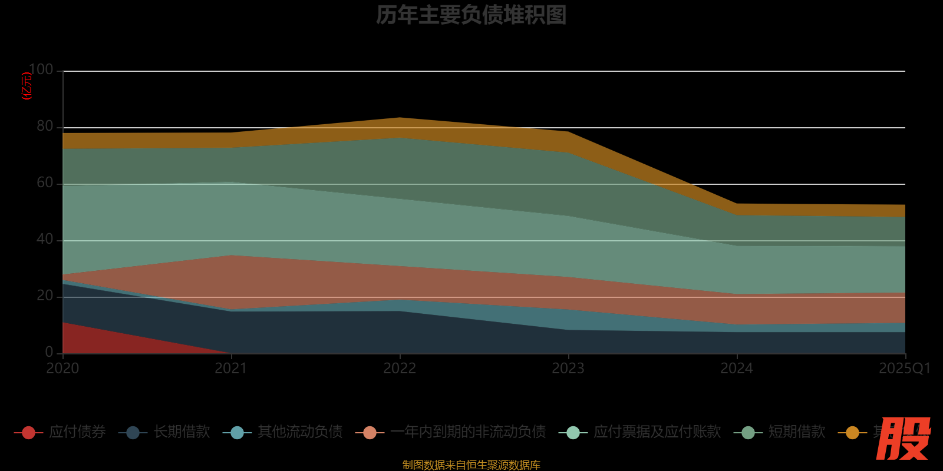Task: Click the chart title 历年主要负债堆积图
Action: pyautogui.click(x=471, y=15)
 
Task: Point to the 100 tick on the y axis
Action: pyautogui.click(x=41, y=70)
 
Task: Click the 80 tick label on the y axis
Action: pyautogui.click(x=45, y=127)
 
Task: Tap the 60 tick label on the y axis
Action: pyautogui.click(x=45, y=183)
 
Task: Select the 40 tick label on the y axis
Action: pyautogui.click(x=45, y=240)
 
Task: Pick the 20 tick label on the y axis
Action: pyautogui.click(x=45, y=296)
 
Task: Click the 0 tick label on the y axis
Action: pyautogui.click(x=50, y=352)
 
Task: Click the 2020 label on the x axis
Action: pyautogui.click(x=62, y=369)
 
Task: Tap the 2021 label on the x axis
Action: pyautogui.click(x=231, y=369)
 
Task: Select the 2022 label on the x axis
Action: pyautogui.click(x=400, y=369)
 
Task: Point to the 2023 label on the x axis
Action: pyautogui.click(x=568, y=369)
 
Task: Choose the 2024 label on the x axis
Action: pyautogui.click(x=737, y=369)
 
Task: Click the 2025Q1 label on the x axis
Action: pyautogui.click(x=904, y=369)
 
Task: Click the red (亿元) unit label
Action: pyautogui.click(x=27, y=86)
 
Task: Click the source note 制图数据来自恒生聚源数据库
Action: pyautogui.click(x=471, y=465)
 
